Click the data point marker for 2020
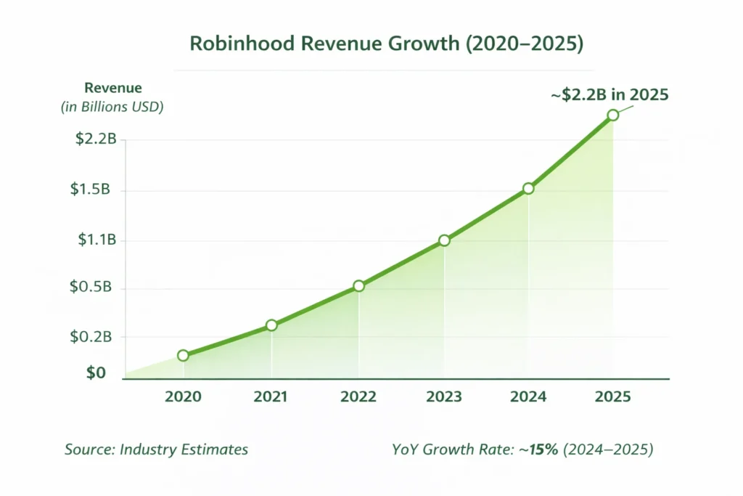click(183, 355)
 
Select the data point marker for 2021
click(271, 325)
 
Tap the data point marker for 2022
click(358, 286)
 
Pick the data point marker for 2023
click(444, 240)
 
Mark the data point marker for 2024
click(528, 189)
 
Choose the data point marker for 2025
click(613, 115)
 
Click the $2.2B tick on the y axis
click(96, 139)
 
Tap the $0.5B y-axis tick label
click(90, 287)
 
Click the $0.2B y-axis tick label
click(90, 336)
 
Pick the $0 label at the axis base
click(96, 373)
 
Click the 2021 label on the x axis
click(271, 397)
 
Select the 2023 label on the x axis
click(443, 397)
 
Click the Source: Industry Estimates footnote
click(156, 450)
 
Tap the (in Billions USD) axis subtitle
click(112, 107)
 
